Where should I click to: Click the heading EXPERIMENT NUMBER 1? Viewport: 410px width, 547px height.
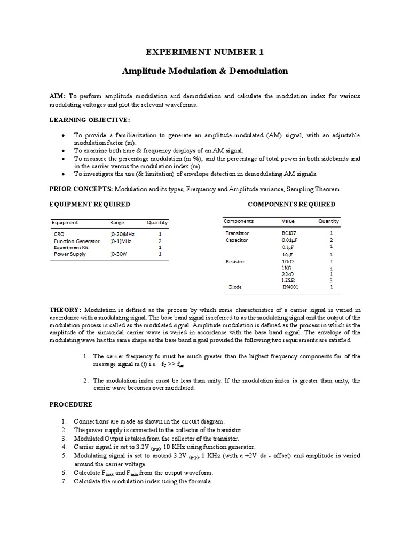pyautogui.click(x=205, y=52)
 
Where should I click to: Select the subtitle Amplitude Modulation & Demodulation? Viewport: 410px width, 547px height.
pyautogui.click(x=205, y=71)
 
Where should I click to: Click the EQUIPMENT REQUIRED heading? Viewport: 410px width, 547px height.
pyautogui.click(x=90, y=204)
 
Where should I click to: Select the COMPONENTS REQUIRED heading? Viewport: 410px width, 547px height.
pyautogui.click(x=291, y=204)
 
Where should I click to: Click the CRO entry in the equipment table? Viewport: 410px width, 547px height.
pyautogui.click(x=59, y=234)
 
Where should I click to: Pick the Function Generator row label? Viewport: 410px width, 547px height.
pyautogui.click(x=76, y=241)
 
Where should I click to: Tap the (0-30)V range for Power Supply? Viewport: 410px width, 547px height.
pyautogui.click(x=119, y=254)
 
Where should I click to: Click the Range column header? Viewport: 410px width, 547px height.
pyautogui.click(x=117, y=223)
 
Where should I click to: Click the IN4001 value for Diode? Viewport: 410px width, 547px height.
pyautogui.click(x=291, y=287)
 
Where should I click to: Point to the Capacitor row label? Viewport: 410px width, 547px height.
pyautogui.click(x=236, y=240)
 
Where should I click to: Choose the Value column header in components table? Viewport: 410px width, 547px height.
pyautogui.click(x=288, y=221)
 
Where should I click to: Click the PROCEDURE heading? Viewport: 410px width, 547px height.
pyautogui.click(x=71, y=404)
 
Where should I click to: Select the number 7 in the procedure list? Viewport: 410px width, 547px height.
pyautogui.click(x=63, y=482)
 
